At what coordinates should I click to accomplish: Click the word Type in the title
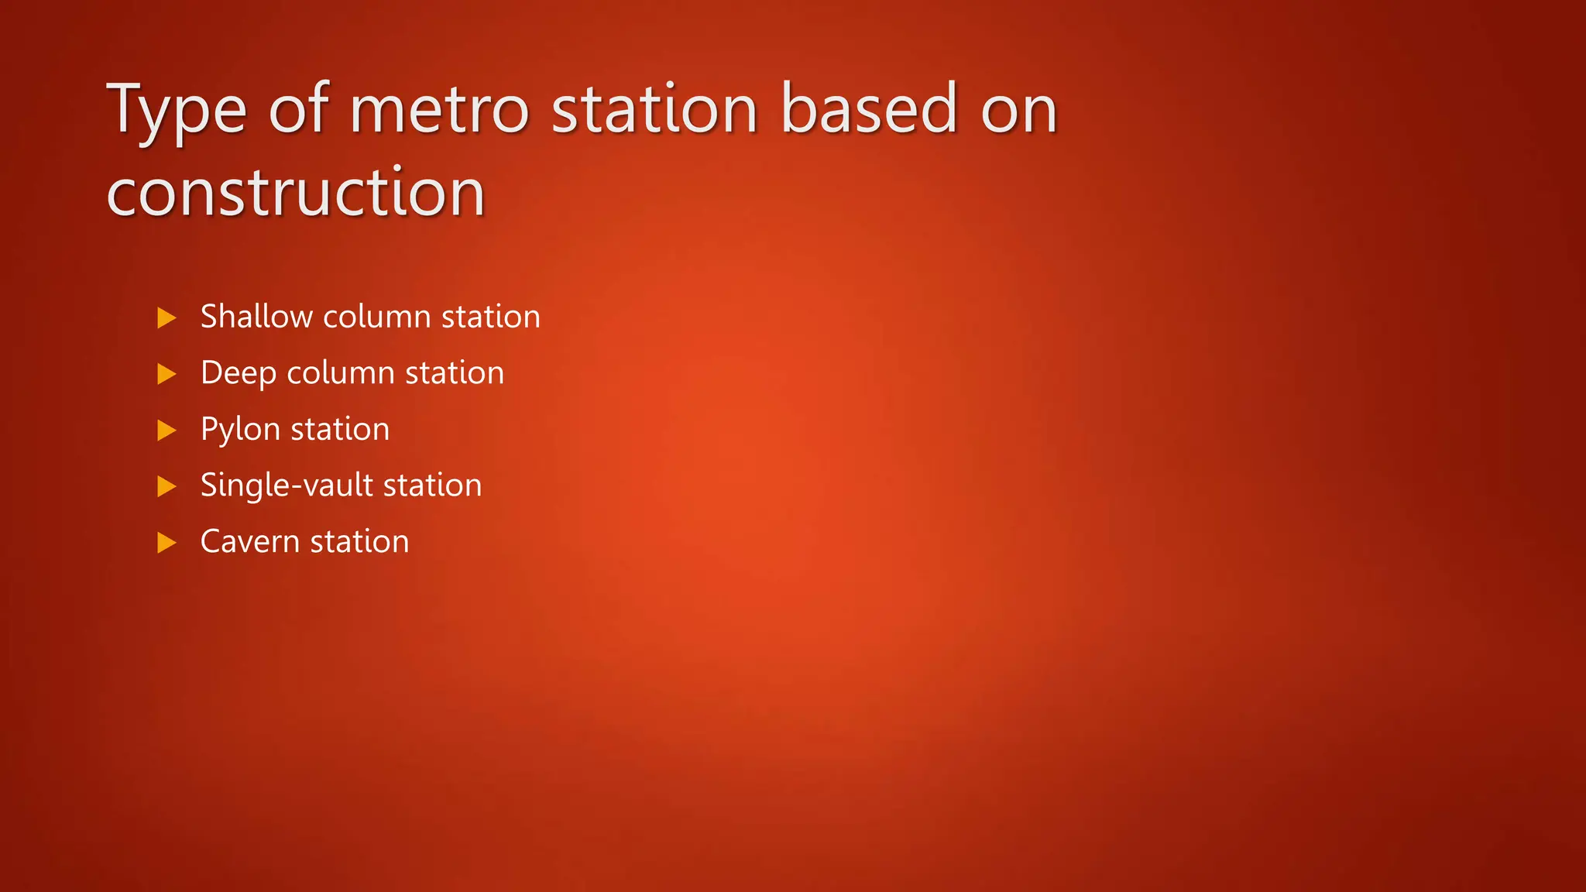177,110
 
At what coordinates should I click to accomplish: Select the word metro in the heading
439,110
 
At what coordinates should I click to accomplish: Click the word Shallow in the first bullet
256,317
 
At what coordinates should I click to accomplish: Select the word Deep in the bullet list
238,373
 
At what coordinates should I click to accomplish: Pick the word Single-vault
287,486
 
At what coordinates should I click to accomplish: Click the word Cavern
250,542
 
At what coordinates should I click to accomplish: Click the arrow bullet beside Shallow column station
166,317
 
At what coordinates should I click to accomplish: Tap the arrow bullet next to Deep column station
166,374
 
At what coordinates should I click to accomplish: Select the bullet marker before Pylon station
166,431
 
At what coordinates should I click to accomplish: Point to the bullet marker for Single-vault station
166,486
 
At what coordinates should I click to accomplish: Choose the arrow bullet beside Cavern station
166,543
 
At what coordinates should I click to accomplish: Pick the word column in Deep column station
341,373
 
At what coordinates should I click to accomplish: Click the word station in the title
654,110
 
